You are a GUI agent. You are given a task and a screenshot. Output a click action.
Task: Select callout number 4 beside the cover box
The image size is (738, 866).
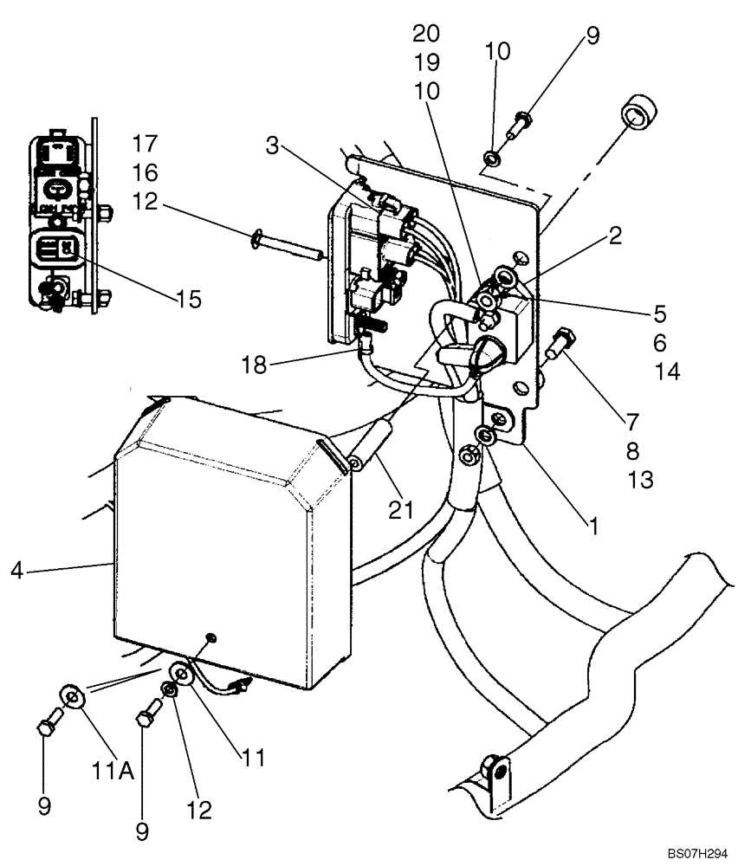(x=16, y=570)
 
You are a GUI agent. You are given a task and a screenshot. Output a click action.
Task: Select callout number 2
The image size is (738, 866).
(x=614, y=236)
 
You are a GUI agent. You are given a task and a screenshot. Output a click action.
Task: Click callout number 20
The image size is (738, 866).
(x=426, y=34)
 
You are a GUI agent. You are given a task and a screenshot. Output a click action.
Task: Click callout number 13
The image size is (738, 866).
(x=640, y=479)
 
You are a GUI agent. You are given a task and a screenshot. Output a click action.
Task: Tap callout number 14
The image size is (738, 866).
(x=667, y=372)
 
